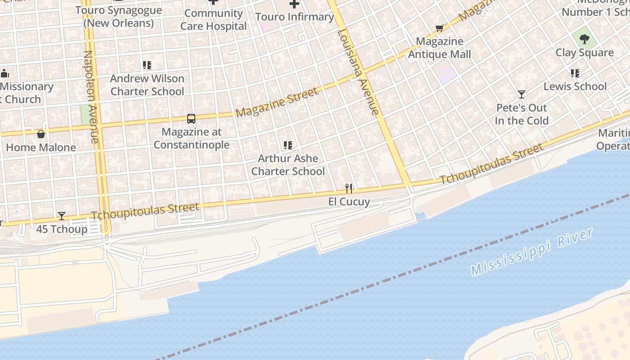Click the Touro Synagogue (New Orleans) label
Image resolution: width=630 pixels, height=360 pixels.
coord(118,17)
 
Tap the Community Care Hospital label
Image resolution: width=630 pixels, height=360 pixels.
coord(213,20)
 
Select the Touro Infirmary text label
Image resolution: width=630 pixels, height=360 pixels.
coord(294,17)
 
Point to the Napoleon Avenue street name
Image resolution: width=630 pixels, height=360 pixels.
coord(91,97)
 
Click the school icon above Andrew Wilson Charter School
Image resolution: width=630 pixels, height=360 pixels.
coord(147,65)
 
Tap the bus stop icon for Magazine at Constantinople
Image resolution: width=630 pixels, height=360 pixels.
coord(191,119)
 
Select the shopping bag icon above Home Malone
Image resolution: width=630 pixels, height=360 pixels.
coord(41,134)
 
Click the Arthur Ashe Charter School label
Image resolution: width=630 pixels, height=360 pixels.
coord(288,165)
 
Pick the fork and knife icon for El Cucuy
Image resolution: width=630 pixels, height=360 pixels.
coord(349,188)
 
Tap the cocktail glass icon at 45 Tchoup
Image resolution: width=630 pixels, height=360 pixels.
coord(62,216)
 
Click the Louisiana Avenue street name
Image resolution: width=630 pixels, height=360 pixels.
coord(358,72)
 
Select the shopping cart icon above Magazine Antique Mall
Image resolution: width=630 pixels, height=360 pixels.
coord(440,28)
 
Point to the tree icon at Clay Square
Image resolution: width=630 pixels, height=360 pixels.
coord(585,39)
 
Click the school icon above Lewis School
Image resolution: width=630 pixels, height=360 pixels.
coord(575,73)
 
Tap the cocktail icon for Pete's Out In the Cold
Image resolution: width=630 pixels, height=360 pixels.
coord(522,94)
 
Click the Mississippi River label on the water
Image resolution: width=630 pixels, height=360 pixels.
coord(532,252)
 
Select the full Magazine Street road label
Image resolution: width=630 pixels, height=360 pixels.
coord(277,102)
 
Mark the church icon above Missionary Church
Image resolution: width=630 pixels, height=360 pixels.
coord(5,73)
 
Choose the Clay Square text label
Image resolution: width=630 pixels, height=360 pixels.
coord(585,53)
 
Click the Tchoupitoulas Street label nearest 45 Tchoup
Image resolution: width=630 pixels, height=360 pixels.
coord(145,211)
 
